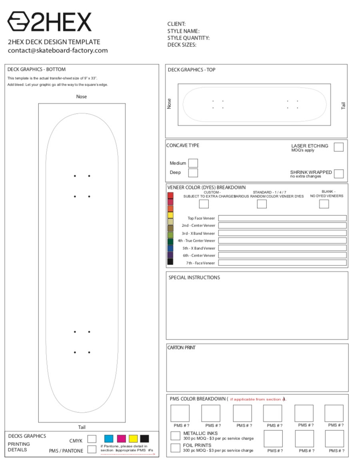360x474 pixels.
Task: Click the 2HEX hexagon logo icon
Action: coord(18,22)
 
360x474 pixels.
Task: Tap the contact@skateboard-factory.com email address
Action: coord(58,50)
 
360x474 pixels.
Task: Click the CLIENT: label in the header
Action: coord(176,24)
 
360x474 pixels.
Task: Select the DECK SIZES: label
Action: coord(182,45)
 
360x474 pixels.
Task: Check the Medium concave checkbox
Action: coord(193,163)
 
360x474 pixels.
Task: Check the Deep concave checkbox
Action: coord(193,173)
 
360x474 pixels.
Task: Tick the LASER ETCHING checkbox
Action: coord(338,147)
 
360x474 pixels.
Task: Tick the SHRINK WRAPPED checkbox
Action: coord(338,174)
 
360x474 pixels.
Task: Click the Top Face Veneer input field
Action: coord(282,218)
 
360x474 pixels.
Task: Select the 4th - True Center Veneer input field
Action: coord(282,241)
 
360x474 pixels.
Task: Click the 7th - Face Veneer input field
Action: coord(282,263)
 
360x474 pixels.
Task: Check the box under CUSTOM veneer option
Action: coord(204,204)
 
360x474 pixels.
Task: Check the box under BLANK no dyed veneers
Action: coord(324,204)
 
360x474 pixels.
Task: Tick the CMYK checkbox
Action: coord(92,439)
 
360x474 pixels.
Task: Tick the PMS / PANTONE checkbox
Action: coord(92,449)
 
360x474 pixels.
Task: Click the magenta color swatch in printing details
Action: coord(121,439)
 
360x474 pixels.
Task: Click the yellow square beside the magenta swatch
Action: coord(133,439)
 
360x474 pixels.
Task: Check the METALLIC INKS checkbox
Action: coord(175,436)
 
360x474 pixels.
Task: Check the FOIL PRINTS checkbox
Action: coord(175,448)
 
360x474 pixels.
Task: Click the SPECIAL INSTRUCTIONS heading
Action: coord(194,277)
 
